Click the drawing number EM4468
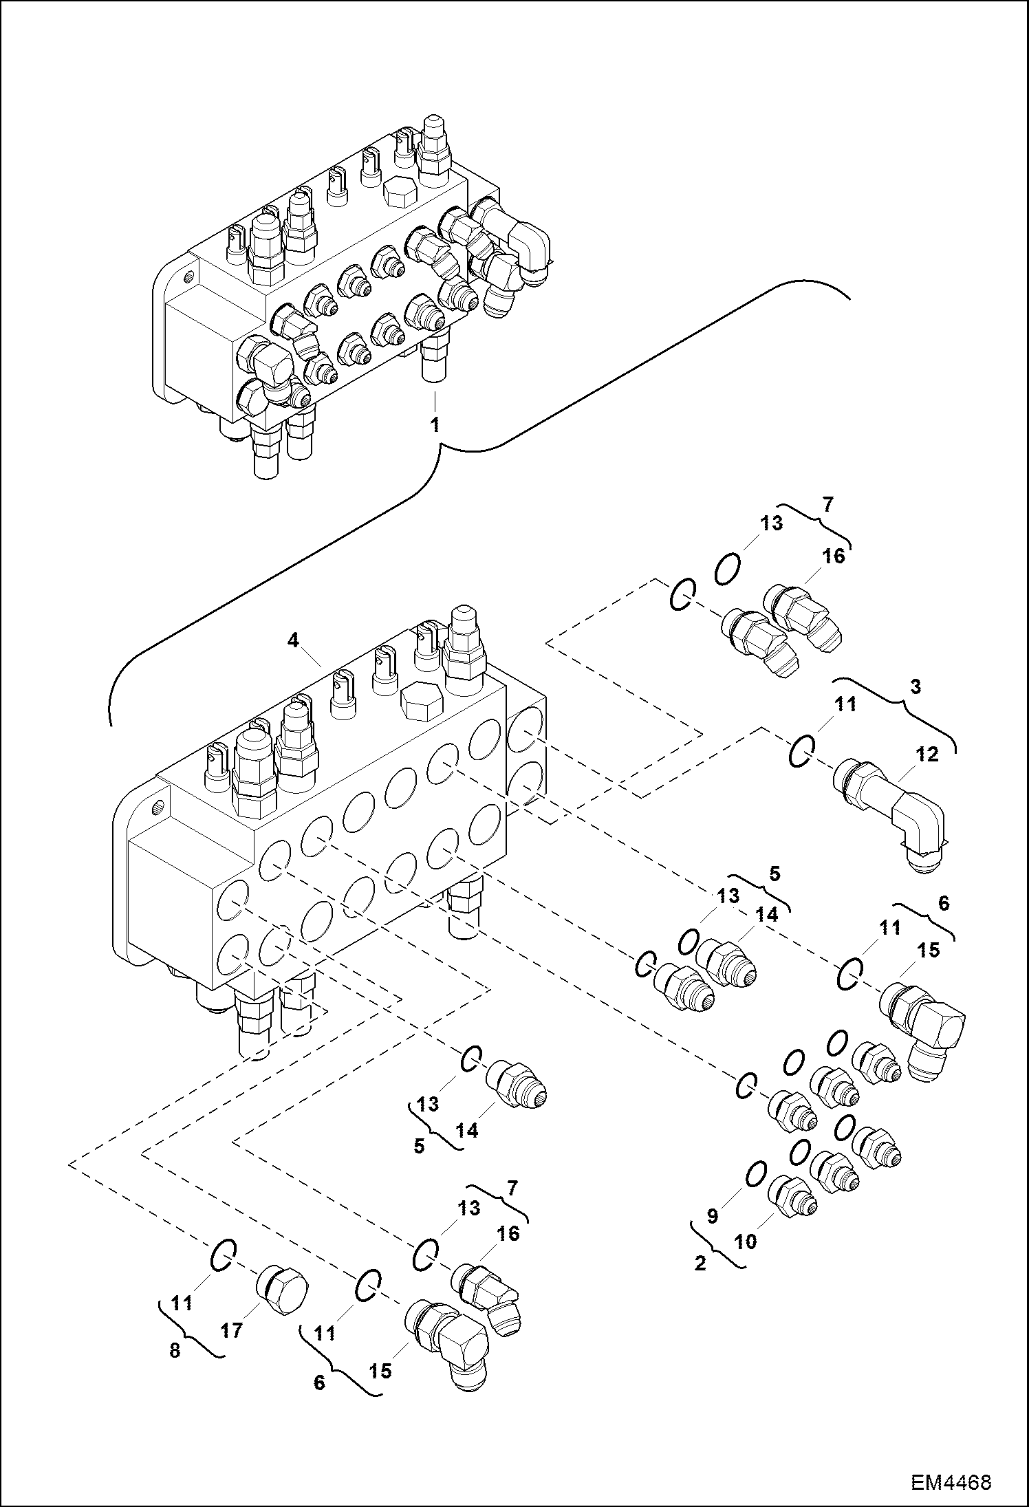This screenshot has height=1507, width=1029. point(951,1477)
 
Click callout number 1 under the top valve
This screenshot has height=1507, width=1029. point(435,425)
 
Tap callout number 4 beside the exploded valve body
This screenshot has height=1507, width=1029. point(294,640)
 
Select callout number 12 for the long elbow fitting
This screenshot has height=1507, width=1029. point(927,755)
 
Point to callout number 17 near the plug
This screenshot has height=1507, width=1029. point(232,1331)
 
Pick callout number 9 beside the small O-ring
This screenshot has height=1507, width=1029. point(713,1216)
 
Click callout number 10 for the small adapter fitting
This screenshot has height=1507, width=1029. point(746,1242)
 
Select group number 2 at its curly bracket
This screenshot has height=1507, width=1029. point(700,1264)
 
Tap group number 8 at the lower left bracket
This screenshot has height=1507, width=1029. point(175,1350)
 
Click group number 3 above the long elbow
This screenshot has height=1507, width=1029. point(916,686)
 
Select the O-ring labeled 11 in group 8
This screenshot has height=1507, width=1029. point(223,1256)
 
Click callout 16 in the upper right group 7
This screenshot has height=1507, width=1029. point(834,556)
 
